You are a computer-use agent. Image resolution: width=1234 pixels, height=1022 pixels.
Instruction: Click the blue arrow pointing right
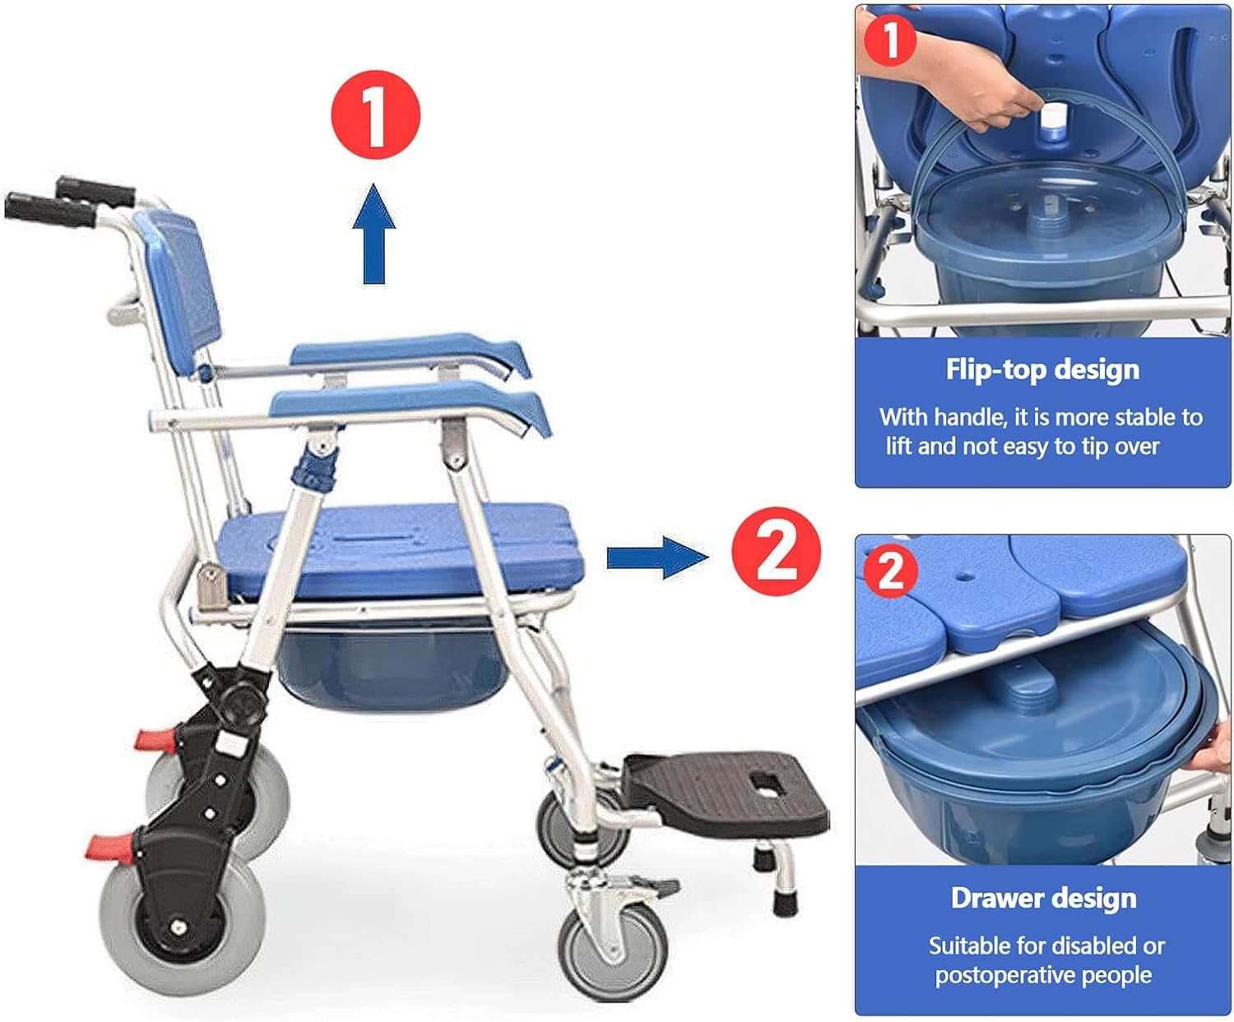coord(658,557)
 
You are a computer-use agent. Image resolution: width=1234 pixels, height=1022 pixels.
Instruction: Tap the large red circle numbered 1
coord(375,114)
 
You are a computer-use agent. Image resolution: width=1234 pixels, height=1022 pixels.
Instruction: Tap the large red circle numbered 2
coord(776,551)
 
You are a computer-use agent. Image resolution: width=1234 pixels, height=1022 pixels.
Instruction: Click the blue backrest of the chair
coord(179,292)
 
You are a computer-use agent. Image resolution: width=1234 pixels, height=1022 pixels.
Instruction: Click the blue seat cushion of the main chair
coord(400,549)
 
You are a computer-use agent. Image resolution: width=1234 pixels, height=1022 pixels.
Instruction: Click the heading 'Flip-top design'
coord(1042,370)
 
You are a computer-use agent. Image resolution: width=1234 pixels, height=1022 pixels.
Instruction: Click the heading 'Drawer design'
coord(1044,899)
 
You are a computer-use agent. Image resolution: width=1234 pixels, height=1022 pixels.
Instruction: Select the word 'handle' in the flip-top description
coord(970,417)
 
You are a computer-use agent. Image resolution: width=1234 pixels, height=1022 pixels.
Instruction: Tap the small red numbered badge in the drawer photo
coord(890,571)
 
